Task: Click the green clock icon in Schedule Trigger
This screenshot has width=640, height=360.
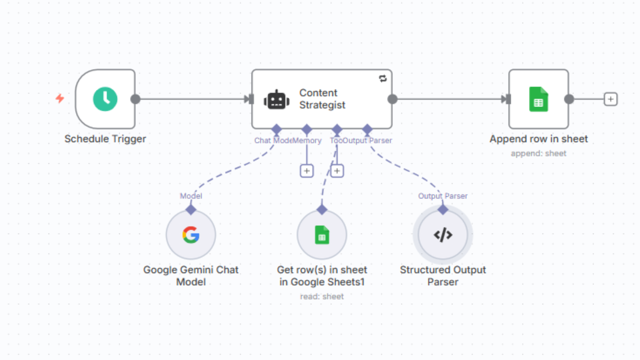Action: [x=105, y=99]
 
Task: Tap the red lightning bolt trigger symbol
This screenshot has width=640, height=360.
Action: [x=60, y=98]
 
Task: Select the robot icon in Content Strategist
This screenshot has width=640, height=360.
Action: [x=276, y=100]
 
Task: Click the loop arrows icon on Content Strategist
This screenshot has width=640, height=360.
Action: [x=383, y=78]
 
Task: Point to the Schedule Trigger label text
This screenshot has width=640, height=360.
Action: [x=105, y=139]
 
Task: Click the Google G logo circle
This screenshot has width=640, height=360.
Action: [x=191, y=235]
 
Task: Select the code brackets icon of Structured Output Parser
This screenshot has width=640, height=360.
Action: [x=443, y=235]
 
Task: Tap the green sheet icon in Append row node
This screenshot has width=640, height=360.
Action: [x=538, y=99]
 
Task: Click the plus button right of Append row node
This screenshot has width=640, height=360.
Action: [x=610, y=99]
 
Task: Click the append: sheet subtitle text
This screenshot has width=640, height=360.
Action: [x=538, y=153]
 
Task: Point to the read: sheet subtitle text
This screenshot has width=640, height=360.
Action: [x=322, y=296]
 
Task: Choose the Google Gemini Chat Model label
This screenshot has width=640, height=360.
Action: [x=191, y=276]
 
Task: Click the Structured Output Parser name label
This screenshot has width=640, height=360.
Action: [x=443, y=276]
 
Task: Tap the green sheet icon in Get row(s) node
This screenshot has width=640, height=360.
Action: [x=322, y=235]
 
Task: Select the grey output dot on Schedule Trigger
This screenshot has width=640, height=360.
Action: [x=135, y=99]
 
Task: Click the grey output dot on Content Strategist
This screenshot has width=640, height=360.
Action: [x=393, y=99]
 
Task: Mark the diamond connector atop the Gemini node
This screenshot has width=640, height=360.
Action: [x=191, y=210]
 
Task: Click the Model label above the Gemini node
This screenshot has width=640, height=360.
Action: [x=191, y=196]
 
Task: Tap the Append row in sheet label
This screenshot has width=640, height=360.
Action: [x=538, y=139]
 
